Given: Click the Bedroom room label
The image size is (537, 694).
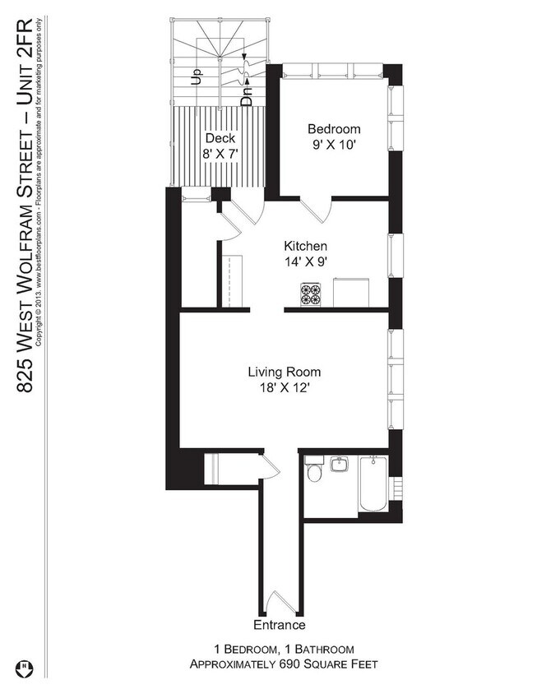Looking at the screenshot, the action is click(x=334, y=129).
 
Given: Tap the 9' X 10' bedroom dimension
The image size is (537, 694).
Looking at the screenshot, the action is click(x=334, y=146).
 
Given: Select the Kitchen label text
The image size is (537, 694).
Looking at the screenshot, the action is click(x=305, y=246).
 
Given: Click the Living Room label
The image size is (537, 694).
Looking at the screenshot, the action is click(x=285, y=372).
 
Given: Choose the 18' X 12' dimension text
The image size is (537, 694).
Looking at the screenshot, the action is click(x=285, y=388).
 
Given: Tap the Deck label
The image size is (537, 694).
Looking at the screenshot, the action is click(x=220, y=138).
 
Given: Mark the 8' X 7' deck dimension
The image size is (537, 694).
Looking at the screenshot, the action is click(x=220, y=154).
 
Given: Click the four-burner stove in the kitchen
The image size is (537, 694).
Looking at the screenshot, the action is click(x=310, y=294).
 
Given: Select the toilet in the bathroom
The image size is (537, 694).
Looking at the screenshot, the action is click(x=315, y=470).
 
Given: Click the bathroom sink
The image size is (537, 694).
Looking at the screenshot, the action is click(x=339, y=465).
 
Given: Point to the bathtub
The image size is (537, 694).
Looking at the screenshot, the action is click(x=373, y=483).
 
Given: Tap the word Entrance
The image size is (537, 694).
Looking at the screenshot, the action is click(x=280, y=625).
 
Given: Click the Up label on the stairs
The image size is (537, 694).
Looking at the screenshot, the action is click(x=196, y=76).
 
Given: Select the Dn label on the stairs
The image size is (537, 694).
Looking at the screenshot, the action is click(x=247, y=95).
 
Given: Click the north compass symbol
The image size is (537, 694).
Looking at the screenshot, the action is click(x=25, y=668).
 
